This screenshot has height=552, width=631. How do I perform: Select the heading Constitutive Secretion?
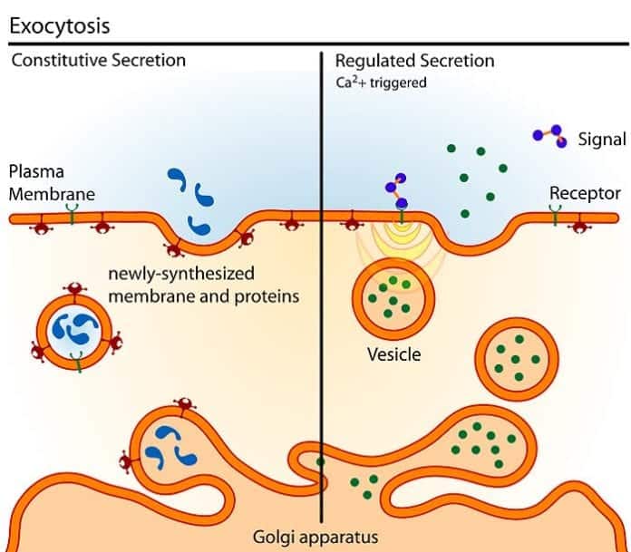pos(98,61)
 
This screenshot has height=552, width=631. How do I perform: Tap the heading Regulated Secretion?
pos(414,61)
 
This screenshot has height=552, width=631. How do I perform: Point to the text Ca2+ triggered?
pos(381,82)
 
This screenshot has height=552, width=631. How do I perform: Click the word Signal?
pos(601,140)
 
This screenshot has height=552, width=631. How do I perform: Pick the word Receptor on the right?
pos(585,193)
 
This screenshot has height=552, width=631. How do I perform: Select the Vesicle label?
pos(393,354)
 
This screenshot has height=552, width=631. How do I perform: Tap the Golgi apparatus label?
pos(315,536)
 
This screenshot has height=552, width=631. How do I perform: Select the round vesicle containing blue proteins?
pos(78,326)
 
